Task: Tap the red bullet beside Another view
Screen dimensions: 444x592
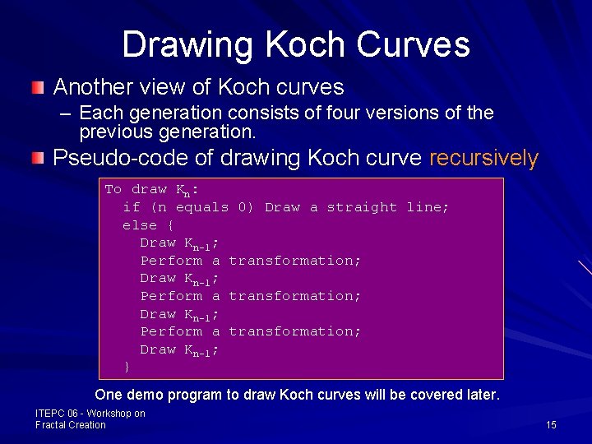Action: tap(39, 87)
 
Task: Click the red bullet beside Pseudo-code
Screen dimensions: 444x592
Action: tap(39, 158)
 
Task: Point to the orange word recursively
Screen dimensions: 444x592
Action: tap(483, 159)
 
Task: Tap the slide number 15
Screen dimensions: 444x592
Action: tap(551, 424)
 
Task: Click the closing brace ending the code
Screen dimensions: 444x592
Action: tap(127, 367)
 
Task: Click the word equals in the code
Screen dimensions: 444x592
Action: tap(202, 207)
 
